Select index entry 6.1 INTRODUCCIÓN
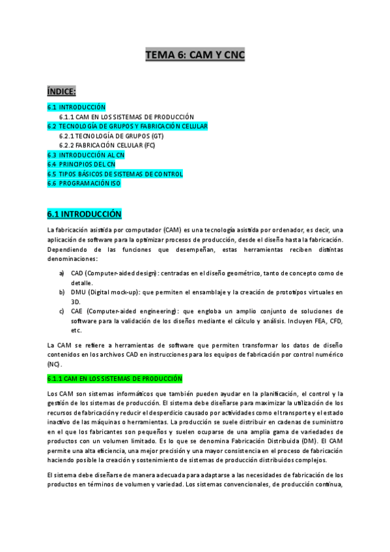tap(76, 107)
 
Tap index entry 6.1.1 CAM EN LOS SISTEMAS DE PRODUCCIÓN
tap(126, 117)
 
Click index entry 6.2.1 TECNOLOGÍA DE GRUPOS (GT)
tap(111, 136)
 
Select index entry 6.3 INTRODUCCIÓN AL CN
tap(86, 155)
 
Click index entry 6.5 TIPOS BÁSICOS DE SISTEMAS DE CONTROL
tap(115, 174)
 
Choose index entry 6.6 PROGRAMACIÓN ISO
tap(84, 184)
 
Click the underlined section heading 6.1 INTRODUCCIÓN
tap(85, 214)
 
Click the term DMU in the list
tap(78, 292)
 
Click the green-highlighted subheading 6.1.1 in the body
tap(115, 378)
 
